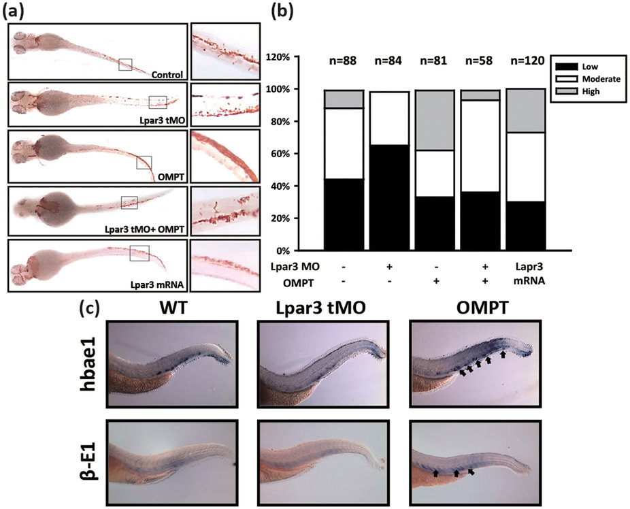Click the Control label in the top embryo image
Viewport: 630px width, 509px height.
tap(168, 73)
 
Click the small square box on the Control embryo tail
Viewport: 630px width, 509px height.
tap(125, 64)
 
